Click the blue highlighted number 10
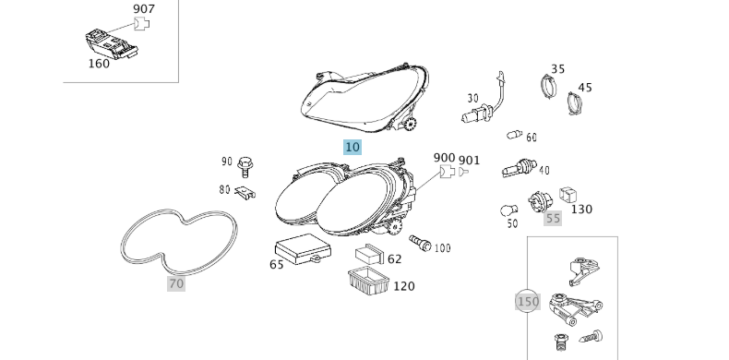click(x=353, y=147)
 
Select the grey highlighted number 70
click(x=176, y=283)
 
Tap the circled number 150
click(x=528, y=302)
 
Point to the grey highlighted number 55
click(x=553, y=218)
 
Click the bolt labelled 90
click(x=245, y=167)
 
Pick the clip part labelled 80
click(x=245, y=193)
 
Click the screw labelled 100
click(x=420, y=244)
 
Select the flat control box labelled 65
click(x=303, y=249)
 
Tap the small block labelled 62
click(x=370, y=255)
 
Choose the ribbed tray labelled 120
click(x=369, y=282)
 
